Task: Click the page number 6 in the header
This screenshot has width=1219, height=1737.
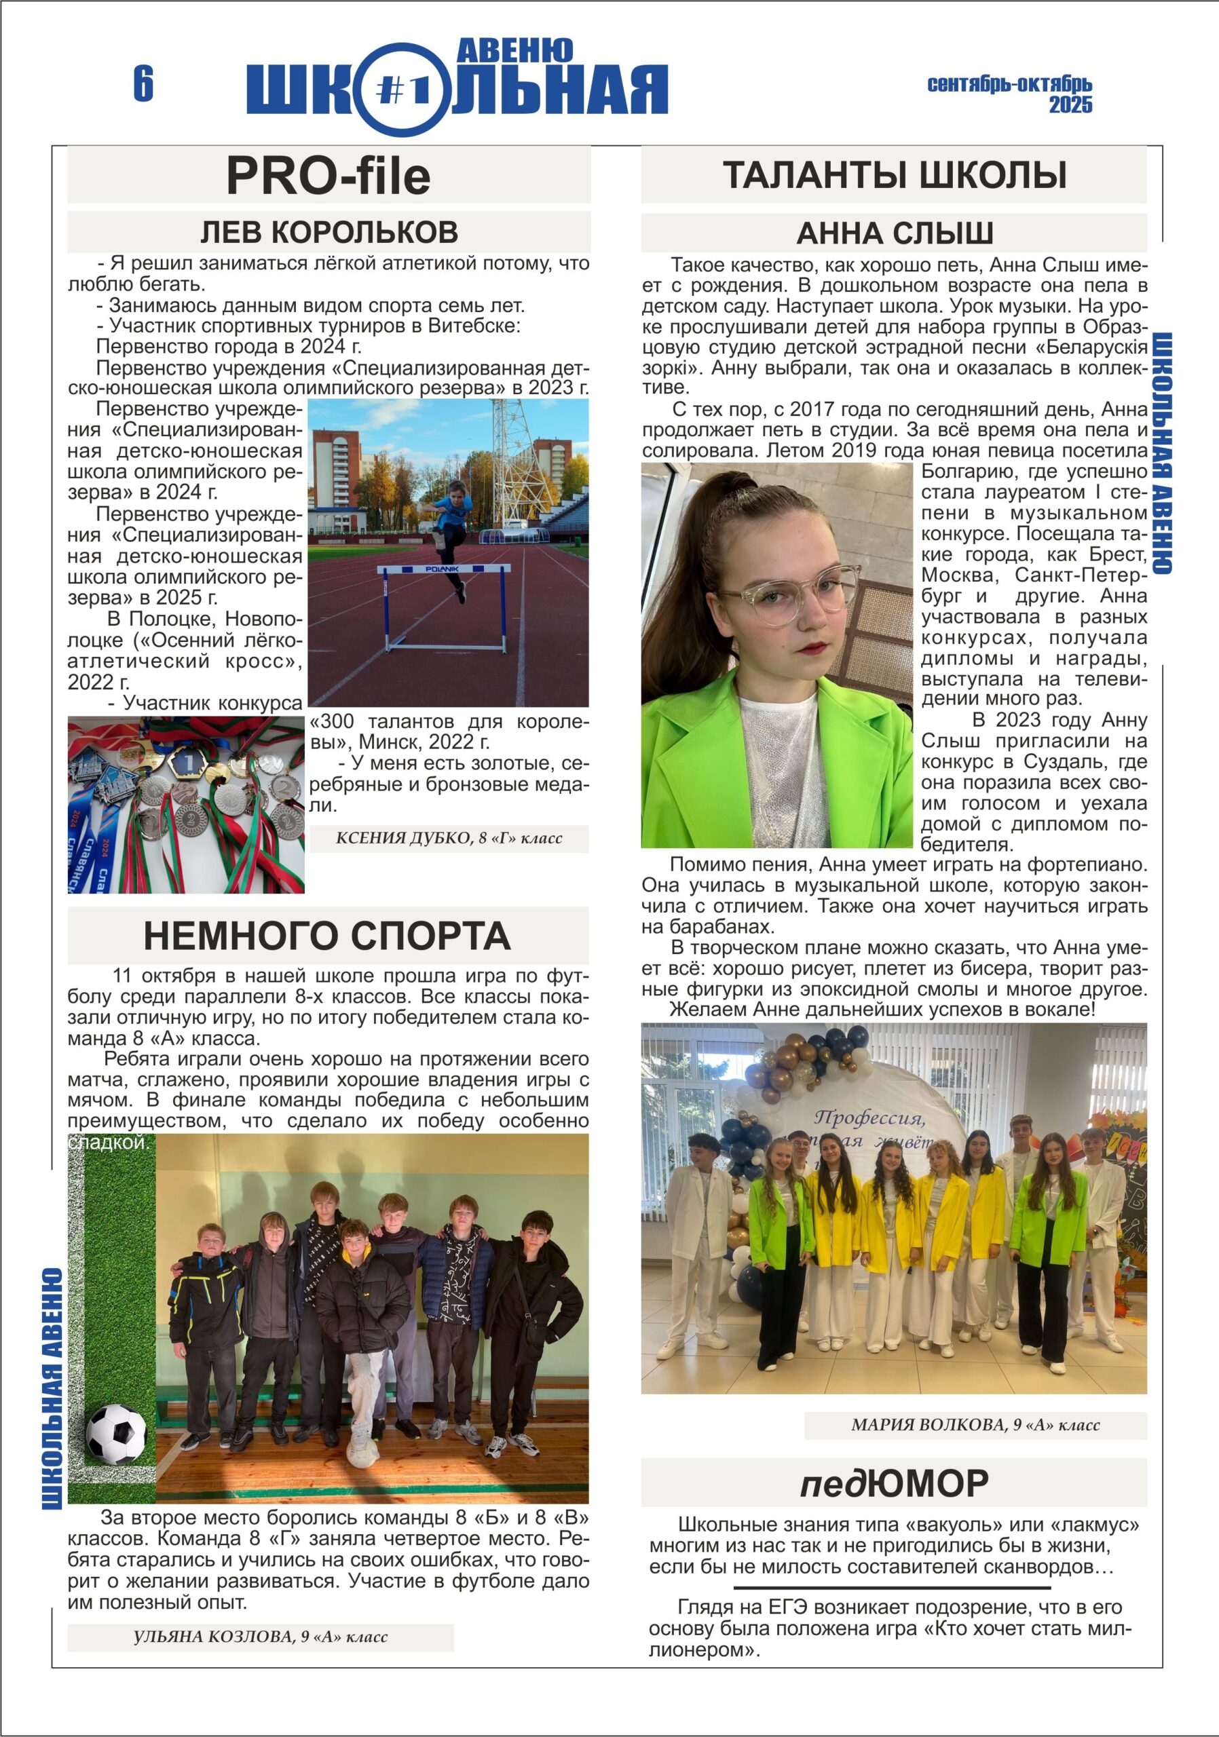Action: pyautogui.click(x=143, y=83)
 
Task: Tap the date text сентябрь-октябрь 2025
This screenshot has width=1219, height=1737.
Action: pyautogui.click(x=1010, y=94)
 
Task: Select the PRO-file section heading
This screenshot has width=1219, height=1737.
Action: pyautogui.click(x=329, y=176)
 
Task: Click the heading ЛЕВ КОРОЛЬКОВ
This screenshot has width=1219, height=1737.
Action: pyautogui.click(x=329, y=232)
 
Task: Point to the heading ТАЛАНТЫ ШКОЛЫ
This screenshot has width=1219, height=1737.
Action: pyautogui.click(x=894, y=175)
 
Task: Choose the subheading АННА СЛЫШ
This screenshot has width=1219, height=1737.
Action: pyautogui.click(x=894, y=233)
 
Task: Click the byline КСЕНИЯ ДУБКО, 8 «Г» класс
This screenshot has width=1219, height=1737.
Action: pyautogui.click(x=449, y=838)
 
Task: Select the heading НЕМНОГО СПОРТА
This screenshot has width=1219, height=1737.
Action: pyautogui.click(x=327, y=936)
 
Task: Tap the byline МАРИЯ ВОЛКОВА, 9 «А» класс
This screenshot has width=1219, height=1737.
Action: pyautogui.click(x=975, y=1426)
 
